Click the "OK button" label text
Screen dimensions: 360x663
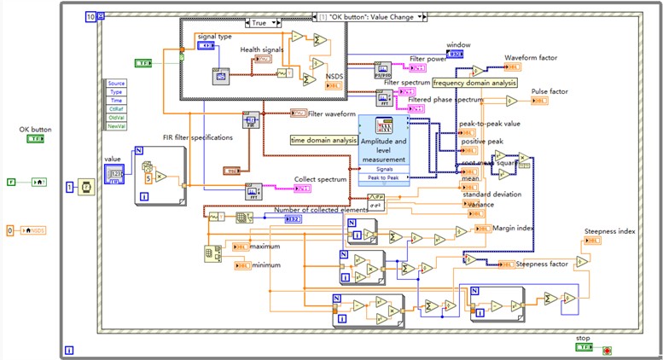coord(37,130)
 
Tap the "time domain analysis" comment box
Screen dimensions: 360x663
coord(323,140)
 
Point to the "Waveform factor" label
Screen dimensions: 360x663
coord(531,58)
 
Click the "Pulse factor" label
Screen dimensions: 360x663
coord(551,90)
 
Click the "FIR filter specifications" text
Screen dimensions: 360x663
coord(197,137)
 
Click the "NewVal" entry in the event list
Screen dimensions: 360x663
coord(115,125)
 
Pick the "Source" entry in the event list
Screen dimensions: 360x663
coord(116,83)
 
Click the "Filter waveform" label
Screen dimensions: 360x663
coord(332,113)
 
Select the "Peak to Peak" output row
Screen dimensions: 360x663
coord(383,177)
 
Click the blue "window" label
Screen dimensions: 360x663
coord(458,44)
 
